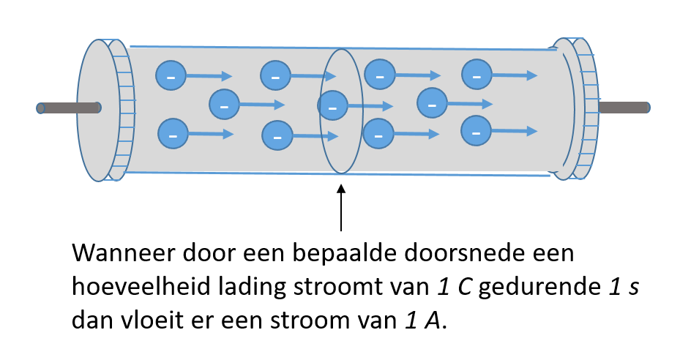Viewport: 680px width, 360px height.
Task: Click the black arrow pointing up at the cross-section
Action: point(341,207)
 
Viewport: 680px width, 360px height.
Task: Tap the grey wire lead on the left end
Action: point(69,108)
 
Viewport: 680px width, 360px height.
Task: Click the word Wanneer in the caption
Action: point(123,252)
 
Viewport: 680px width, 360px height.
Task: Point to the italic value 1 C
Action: point(454,286)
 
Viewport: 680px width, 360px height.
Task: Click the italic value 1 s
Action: point(623,286)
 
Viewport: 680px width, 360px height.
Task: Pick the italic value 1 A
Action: point(422,320)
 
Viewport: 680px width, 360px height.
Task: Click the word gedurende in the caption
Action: point(539,286)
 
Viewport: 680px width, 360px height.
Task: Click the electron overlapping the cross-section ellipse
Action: point(332,105)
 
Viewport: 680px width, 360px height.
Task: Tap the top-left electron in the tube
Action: point(171,75)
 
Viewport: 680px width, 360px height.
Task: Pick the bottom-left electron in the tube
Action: point(173,134)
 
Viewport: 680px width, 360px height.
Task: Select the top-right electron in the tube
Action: point(477,75)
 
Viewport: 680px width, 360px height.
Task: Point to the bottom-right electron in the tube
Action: point(476,130)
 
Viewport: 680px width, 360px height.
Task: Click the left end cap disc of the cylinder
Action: point(99,110)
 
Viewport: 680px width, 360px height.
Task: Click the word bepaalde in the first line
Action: point(344,252)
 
